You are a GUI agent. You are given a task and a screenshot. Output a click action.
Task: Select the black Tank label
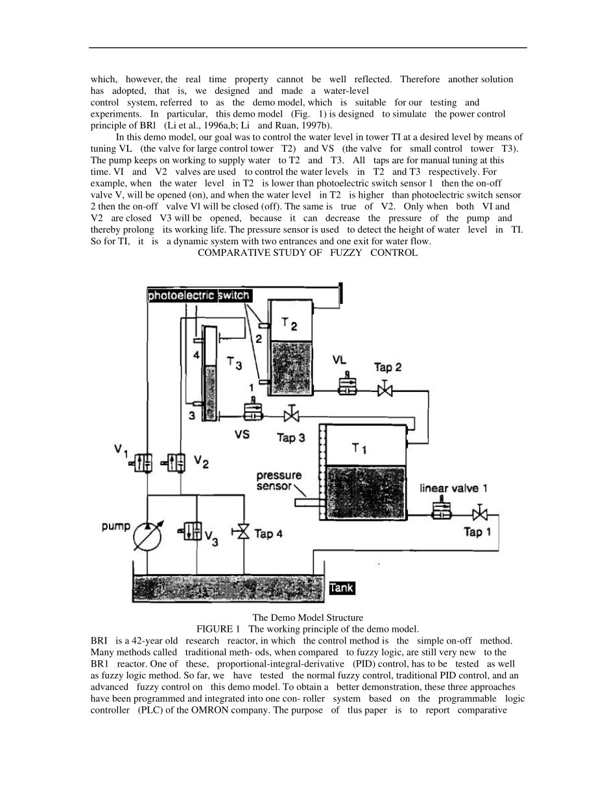(342, 588)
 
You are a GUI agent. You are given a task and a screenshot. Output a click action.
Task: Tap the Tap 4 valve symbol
(243, 533)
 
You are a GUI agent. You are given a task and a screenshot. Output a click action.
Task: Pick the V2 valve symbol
(176, 461)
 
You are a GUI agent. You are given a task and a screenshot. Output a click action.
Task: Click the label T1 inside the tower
(359, 448)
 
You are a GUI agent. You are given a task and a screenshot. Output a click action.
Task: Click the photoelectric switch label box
(198, 295)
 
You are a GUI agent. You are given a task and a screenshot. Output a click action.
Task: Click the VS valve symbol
(252, 411)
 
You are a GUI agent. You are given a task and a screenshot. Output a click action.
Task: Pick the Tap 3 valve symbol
(292, 415)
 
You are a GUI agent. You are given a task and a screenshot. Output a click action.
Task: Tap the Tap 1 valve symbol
(480, 514)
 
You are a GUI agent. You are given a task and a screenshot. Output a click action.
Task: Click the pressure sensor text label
(279, 481)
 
